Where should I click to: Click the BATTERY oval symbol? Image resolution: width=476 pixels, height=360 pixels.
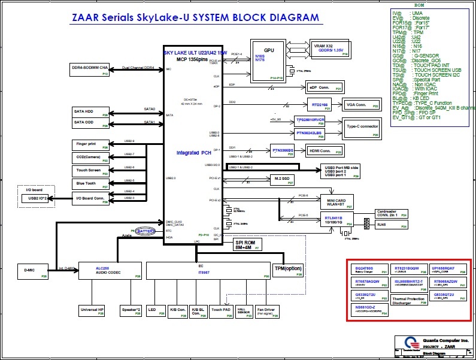click(x=145, y=230)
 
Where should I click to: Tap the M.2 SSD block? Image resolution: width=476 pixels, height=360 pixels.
click(x=281, y=179)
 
